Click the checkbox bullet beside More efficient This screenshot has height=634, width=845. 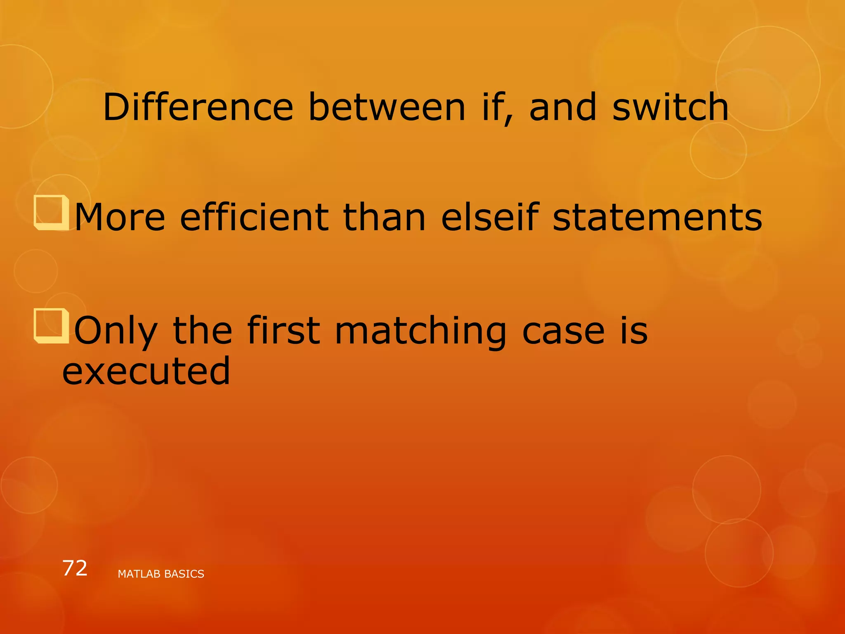click(x=51, y=213)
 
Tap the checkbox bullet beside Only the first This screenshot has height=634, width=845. click(x=51, y=326)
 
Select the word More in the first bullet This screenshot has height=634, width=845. click(x=120, y=218)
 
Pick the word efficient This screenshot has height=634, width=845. click(x=254, y=218)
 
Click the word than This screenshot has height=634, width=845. click(x=385, y=218)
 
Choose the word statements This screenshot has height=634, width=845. click(x=657, y=218)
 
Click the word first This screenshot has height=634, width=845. click(x=283, y=330)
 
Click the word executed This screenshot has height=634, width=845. click(x=146, y=371)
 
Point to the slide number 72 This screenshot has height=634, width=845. click(x=75, y=568)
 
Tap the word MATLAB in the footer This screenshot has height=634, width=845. click(x=139, y=574)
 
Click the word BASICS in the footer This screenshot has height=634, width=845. click(x=184, y=574)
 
